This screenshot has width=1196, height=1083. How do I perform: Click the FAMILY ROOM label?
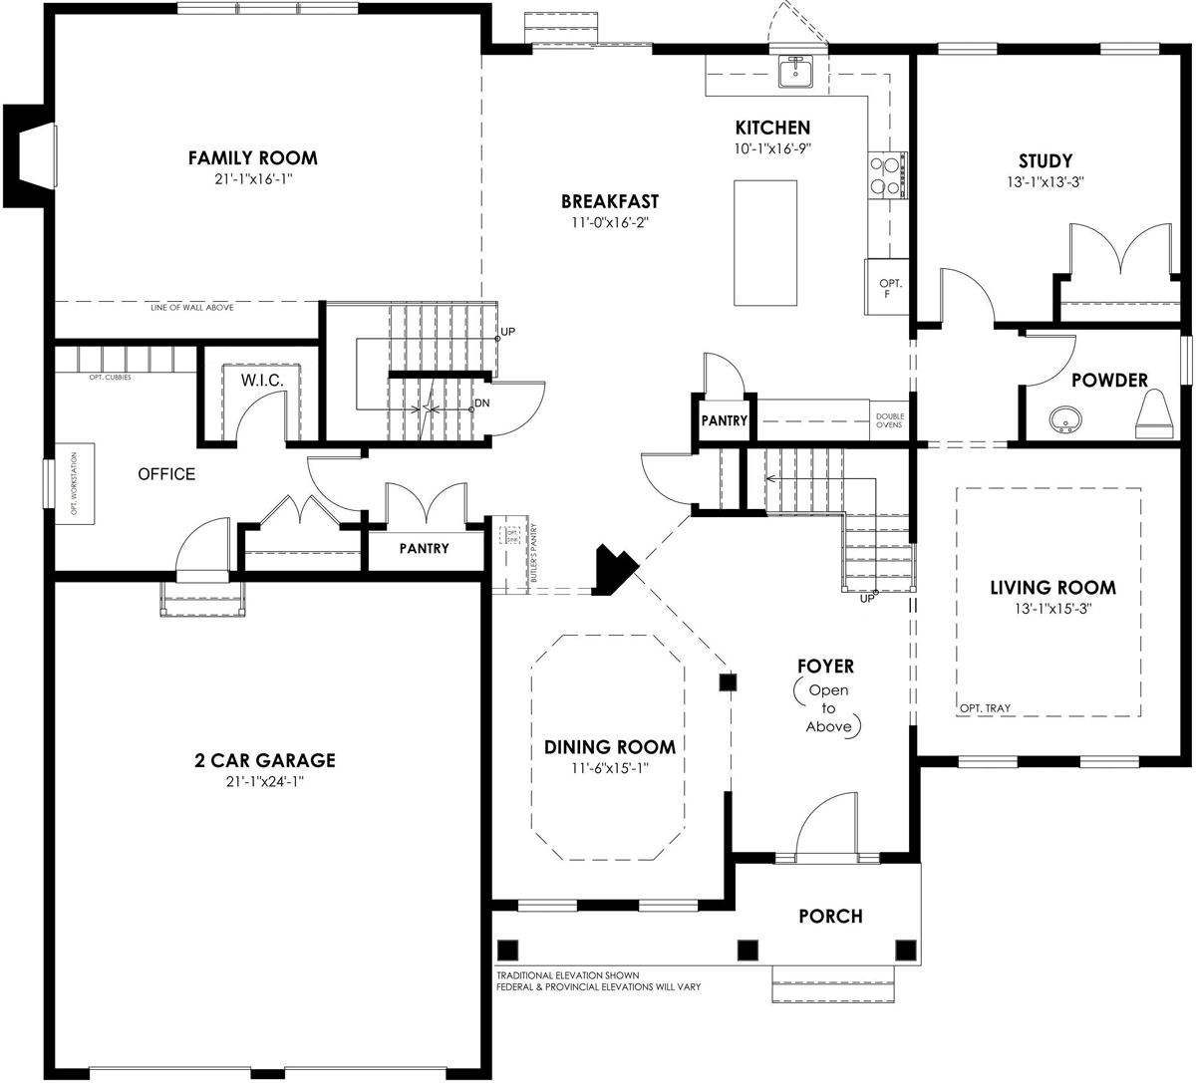pyautogui.click(x=253, y=157)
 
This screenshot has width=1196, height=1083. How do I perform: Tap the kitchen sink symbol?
pyautogui.click(x=795, y=72)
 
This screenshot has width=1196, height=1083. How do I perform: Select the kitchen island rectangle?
pyautogui.click(x=765, y=243)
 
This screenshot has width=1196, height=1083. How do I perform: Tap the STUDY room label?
pyautogui.click(x=1046, y=160)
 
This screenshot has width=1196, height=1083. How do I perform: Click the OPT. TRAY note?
pyautogui.click(x=985, y=708)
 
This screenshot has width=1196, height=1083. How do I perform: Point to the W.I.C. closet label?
pyautogui.click(x=262, y=381)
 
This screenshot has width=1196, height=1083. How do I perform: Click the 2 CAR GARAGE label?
pyautogui.click(x=264, y=760)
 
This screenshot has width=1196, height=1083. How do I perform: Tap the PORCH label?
pyautogui.click(x=830, y=916)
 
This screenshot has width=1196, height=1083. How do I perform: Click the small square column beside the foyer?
pyautogui.click(x=728, y=682)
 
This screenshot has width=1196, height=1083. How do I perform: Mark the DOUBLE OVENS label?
pyautogui.click(x=889, y=420)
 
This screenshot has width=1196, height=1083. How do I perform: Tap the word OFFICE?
pyautogui.click(x=166, y=474)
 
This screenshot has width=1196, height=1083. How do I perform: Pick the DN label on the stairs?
pyautogui.click(x=481, y=404)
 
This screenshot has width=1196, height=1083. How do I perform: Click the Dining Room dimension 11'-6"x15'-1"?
pyautogui.click(x=609, y=768)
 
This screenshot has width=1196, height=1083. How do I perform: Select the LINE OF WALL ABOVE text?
pyautogui.click(x=192, y=308)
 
